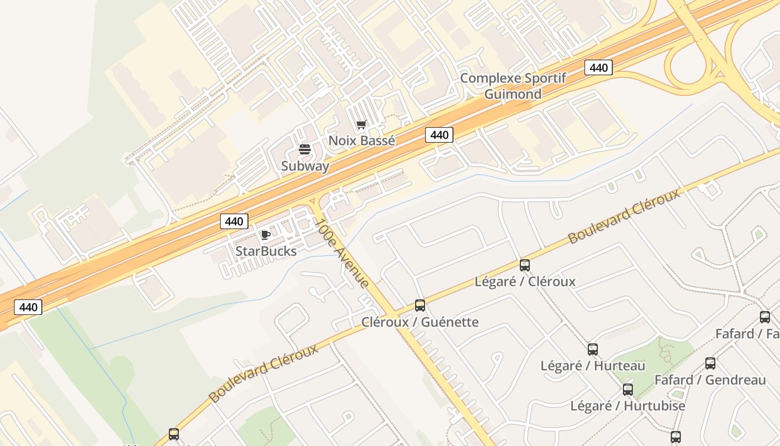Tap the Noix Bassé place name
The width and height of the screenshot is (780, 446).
point(362,140)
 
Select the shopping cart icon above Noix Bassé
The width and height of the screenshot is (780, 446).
point(362,125)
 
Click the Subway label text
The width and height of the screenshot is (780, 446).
point(305,166)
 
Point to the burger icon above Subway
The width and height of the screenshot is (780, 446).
point(304,149)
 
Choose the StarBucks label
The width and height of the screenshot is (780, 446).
point(266,251)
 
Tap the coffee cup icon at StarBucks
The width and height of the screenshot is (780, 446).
point(265,235)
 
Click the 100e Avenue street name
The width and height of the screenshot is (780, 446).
point(342,253)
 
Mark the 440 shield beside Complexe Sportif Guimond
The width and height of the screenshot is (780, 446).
point(598,68)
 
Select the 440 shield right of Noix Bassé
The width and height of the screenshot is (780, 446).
point(439,135)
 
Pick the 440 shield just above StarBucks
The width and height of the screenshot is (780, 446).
point(234,221)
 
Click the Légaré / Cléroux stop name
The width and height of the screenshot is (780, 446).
point(525,282)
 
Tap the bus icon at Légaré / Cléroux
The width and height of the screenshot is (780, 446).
point(524,265)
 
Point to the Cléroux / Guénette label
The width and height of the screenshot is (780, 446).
point(420,322)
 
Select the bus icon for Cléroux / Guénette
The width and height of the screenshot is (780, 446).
point(420,306)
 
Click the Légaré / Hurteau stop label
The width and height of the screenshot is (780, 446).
point(593,366)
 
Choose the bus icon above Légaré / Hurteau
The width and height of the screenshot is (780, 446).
point(593,350)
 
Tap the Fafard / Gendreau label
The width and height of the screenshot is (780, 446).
point(710,380)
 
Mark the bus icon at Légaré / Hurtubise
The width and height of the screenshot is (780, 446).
point(628,390)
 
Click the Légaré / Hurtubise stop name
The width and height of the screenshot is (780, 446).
point(627,406)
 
